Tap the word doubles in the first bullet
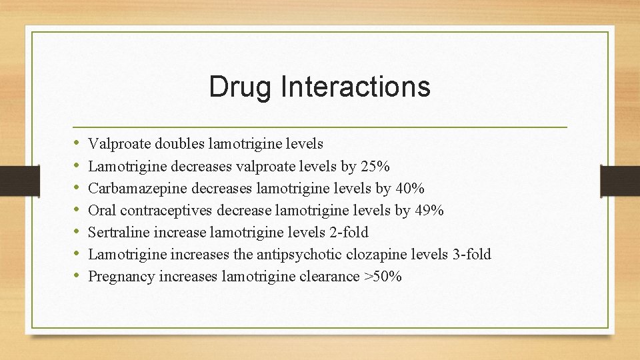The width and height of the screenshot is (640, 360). click(180, 143)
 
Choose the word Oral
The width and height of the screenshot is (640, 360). click(102, 210)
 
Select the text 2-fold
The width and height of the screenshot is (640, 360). click(348, 232)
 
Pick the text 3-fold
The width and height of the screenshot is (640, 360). click(471, 254)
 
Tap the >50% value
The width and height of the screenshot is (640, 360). click(383, 276)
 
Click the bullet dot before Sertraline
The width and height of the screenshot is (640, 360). click(77, 232)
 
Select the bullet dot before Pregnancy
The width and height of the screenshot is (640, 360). click(77, 276)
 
